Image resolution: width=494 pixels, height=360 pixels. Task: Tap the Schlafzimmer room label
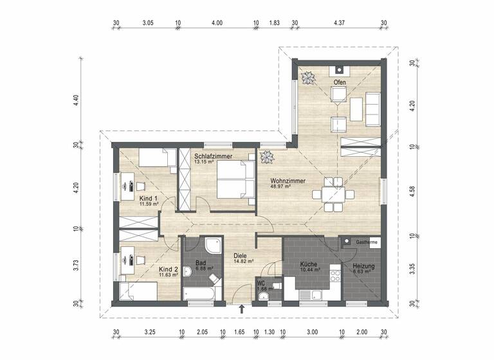pyautogui.click(x=213, y=156)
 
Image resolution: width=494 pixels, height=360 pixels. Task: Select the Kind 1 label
pyautogui.click(x=149, y=199)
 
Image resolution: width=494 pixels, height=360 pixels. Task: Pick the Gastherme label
pyautogui.click(x=366, y=242)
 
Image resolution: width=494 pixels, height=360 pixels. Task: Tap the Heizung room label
pyautogui.click(x=363, y=266)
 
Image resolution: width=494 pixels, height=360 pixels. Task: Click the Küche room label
pyautogui.click(x=309, y=264)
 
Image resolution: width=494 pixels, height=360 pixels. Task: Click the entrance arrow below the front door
pyautogui.click(x=242, y=309)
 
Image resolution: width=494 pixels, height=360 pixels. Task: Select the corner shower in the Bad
pyautogui.click(x=212, y=246)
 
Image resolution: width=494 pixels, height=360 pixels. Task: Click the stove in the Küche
pyautogui.click(x=334, y=278)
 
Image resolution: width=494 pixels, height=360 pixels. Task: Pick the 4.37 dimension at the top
pyautogui.click(x=340, y=22)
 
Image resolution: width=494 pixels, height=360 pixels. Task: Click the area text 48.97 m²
pyautogui.click(x=282, y=187)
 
